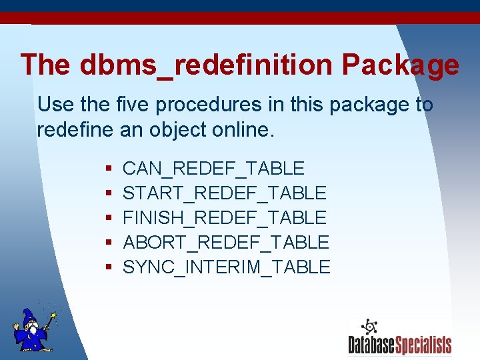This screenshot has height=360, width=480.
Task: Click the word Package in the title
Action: (400, 65)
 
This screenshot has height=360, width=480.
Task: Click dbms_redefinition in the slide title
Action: (206, 65)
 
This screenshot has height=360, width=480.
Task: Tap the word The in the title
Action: (45, 65)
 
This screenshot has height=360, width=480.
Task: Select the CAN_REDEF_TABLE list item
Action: (213, 169)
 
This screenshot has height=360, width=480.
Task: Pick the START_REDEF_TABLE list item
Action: (225, 193)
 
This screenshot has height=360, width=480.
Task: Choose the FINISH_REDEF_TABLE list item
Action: (225, 217)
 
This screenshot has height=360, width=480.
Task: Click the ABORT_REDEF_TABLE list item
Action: (226, 242)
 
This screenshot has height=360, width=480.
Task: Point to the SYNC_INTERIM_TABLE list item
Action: (227, 267)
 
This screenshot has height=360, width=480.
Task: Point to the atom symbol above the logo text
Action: (369, 327)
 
